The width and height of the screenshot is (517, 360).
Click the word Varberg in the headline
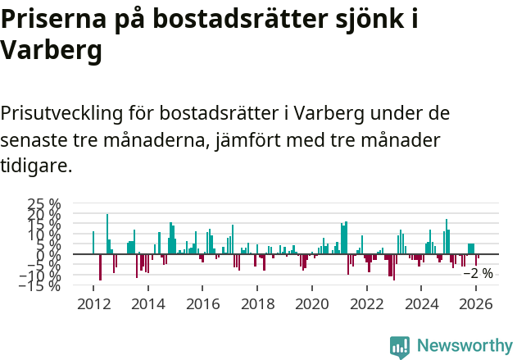point(52,51)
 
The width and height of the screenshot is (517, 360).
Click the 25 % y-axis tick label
point(44,204)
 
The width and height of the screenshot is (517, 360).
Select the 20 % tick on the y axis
point(44,214)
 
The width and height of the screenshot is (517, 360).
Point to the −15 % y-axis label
point(40,285)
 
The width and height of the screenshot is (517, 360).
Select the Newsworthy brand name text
point(464,346)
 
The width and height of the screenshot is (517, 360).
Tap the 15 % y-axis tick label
point(44,225)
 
